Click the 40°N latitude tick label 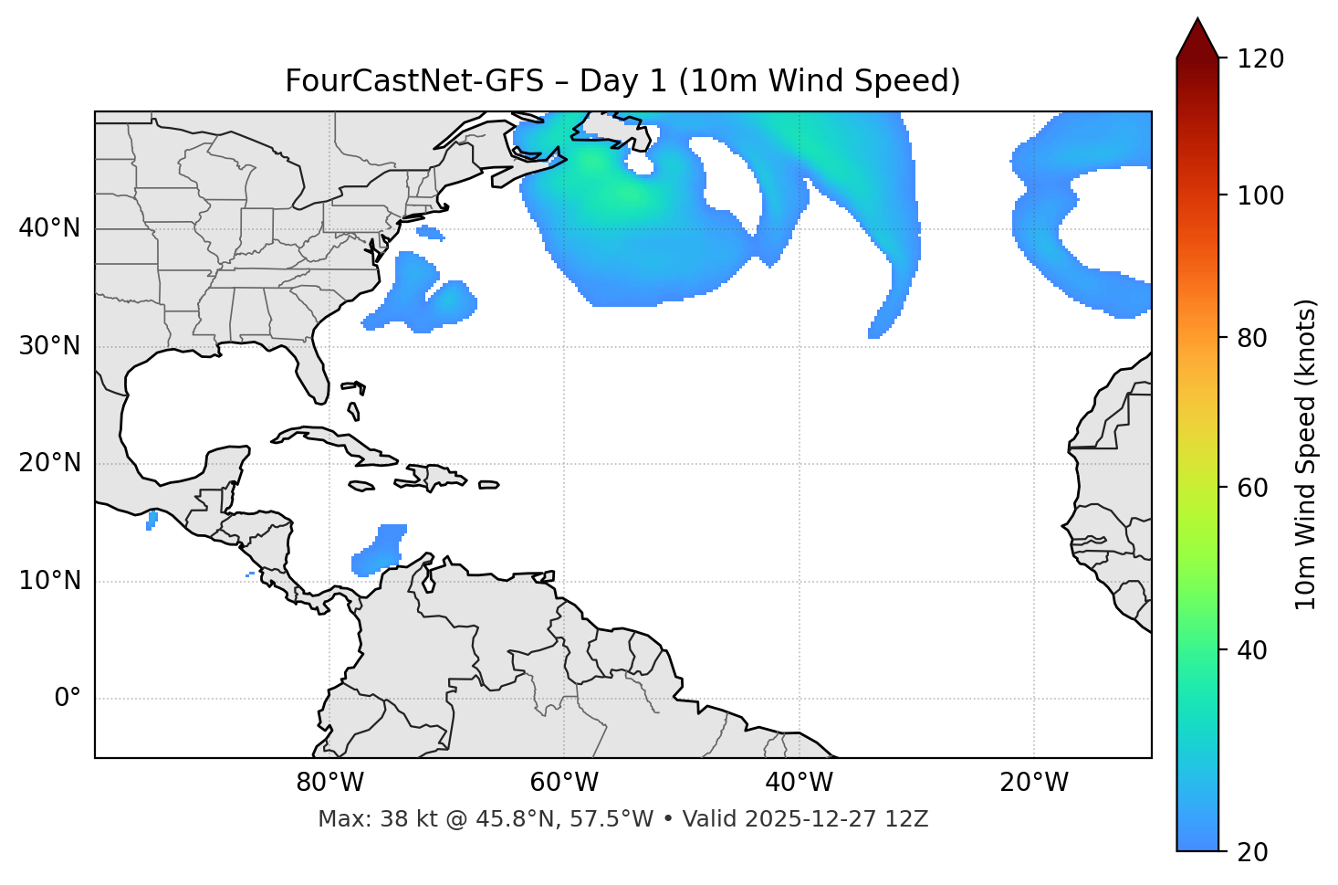point(49,228)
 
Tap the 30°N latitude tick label point(49,346)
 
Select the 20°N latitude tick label point(49,463)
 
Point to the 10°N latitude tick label point(49,581)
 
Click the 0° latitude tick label point(68,699)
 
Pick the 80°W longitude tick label point(329,783)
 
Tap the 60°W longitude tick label point(564,783)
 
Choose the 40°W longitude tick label point(799,783)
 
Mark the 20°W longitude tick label point(1034,783)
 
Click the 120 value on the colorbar point(1260,59)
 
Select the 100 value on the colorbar point(1260,195)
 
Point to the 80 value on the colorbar point(1252,338)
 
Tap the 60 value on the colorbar point(1252,488)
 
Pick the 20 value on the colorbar point(1252,852)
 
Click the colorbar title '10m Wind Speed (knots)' point(1306,454)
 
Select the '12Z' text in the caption point(909,819)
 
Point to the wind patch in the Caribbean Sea point(379,551)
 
